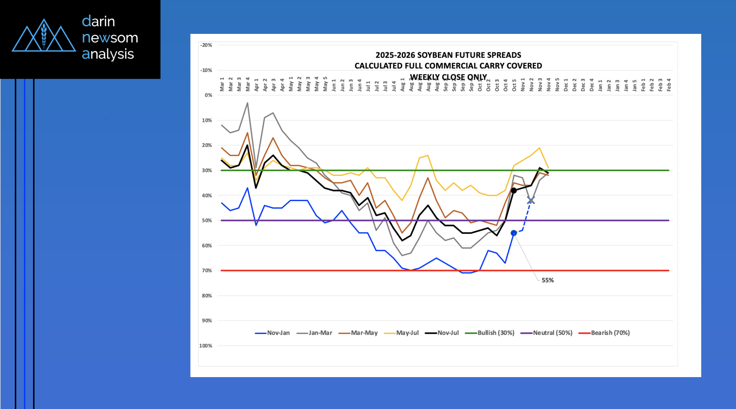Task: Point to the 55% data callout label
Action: pyautogui.click(x=547, y=280)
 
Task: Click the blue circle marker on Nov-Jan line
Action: pyautogui.click(x=514, y=233)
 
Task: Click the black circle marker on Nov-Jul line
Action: pyautogui.click(x=514, y=190)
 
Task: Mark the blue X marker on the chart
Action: pyautogui.click(x=531, y=200)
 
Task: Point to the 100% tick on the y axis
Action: pyautogui.click(x=206, y=346)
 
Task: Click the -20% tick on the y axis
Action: pyautogui.click(x=206, y=45)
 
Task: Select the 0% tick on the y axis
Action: pyautogui.click(x=208, y=95)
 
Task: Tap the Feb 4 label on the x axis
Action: pyautogui.click(x=669, y=85)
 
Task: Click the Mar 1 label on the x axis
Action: pyautogui.click(x=222, y=84)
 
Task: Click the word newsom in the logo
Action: pyautogui.click(x=110, y=38)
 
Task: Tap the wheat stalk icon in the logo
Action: pyautogui.click(x=44, y=35)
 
